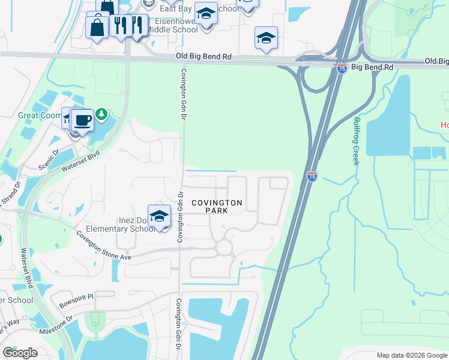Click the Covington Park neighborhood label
pyautogui.click(x=217, y=207)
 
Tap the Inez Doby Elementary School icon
pyautogui.click(x=159, y=217)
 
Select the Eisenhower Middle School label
pyautogui.click(x=168, y=25)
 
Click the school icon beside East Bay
pyautogui.click(x=206, y=14)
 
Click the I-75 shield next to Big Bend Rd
pyautogui.click(x=342, y=68)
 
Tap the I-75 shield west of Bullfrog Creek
pyautogui.click(x=312, y=176)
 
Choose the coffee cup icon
pyautogui.click(x=82, y=121)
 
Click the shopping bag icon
pyautogui.click(x=97, y=27)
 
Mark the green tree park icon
pyautogui.click(x=102, y=113)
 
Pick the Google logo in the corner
pyautogui.click(x=20, y=352)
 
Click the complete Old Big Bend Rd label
pyautogui.click(x=204, y=56)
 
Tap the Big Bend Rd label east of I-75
pyautogui.click(x=372, y=68)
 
